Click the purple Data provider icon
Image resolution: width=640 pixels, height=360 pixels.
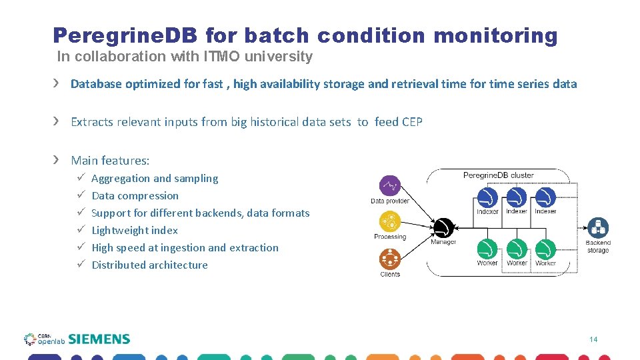tap(389, 186)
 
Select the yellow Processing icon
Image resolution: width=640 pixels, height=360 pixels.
tap(389, 221)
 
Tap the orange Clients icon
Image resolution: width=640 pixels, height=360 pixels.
tap(389, 259)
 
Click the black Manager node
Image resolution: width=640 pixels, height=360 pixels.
tap(443, 228)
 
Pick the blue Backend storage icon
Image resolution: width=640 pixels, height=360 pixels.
tap(597, 228)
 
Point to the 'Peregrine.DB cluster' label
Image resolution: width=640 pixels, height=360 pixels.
tap(498, 175)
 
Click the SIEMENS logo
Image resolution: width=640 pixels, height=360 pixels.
tap(99, 339)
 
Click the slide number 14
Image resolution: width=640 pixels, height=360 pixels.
tap(593, 340)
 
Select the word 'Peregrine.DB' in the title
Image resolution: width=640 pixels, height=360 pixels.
tap(125, 35)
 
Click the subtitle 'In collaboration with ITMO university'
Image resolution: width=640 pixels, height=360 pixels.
tap(185, 57)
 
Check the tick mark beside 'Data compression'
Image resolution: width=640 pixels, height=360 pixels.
tap(79, 195)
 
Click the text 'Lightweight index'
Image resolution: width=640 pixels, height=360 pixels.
tap(135, 231)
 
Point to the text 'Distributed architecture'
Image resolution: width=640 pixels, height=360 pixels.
tap(149, 265)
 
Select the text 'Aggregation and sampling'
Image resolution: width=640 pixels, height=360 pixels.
tap(155, 179)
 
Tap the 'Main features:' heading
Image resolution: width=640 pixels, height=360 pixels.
tap(110, 161)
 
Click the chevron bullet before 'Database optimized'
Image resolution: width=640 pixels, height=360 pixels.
tap(57, 83)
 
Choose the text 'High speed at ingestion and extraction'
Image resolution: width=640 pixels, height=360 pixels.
tap(185, 248)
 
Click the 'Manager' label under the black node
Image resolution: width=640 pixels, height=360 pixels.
tap(443, 242)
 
